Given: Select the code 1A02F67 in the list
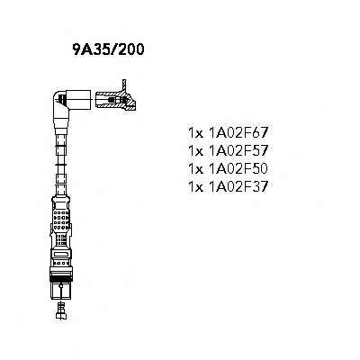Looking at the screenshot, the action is click(237, 132).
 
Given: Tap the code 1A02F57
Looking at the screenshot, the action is click(237, 150).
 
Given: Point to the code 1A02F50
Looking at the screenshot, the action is click(237, 169).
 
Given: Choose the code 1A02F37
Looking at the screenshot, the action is click(237, 187).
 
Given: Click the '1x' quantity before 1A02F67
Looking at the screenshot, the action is click(195, 133).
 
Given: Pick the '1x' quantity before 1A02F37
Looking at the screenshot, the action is click(195, 187).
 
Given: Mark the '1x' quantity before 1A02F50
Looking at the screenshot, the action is click(195, 169).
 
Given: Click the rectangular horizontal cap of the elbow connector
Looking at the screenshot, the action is click(78, 99).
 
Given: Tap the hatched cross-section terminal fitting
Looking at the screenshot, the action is click(115, 101).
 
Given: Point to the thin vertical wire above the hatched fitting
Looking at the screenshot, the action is click(123, 85).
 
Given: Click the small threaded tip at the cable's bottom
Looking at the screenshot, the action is click(61, 310).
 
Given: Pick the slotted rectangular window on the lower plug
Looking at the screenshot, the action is click(61, 255).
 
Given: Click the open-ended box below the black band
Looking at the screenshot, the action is click(61, 291).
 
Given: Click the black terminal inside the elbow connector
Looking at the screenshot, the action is click(61, 99).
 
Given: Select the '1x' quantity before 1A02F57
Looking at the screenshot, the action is click(195, 151).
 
